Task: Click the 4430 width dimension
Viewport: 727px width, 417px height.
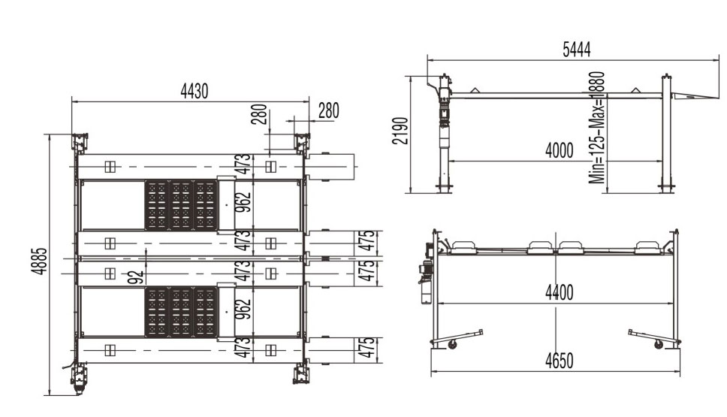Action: click(x=195, y=92)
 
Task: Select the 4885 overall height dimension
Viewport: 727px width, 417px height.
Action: click(x=39, y=261)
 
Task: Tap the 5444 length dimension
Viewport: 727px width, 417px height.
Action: click(x=577, y=49)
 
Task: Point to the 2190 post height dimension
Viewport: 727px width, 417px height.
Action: click(x=400, y=131)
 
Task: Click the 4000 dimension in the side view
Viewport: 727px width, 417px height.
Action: click(x=560, y=151)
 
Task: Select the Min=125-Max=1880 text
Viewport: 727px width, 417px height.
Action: click(x=597, y=128)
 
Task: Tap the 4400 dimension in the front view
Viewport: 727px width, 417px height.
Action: click(x=560, y=293)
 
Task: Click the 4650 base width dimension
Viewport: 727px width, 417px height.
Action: click(x=560, y=361)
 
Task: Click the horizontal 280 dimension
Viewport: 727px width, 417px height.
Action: click(x=329, y=111)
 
